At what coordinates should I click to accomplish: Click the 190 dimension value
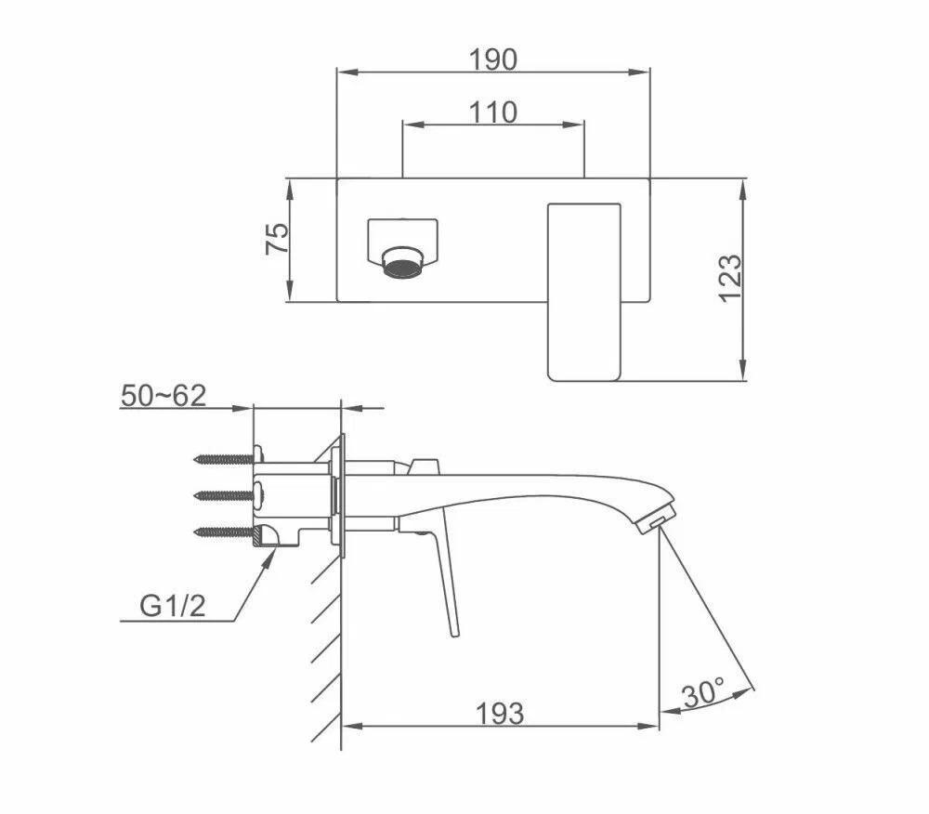tap(493, 59)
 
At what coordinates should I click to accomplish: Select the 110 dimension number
tap(493, 112)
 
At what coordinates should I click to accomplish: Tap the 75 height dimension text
tap(277, 239)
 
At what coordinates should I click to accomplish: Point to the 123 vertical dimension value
tap(730, 279)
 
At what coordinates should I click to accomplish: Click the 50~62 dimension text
tap(164, 395)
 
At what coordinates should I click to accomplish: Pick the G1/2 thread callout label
tap(173, 606)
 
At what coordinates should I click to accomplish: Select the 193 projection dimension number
tap(501, 714)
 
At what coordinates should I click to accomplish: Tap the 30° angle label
tap(703, 692)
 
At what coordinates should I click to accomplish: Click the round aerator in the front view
tap(404, 263)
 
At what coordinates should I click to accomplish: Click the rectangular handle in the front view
tap(584, 292)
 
